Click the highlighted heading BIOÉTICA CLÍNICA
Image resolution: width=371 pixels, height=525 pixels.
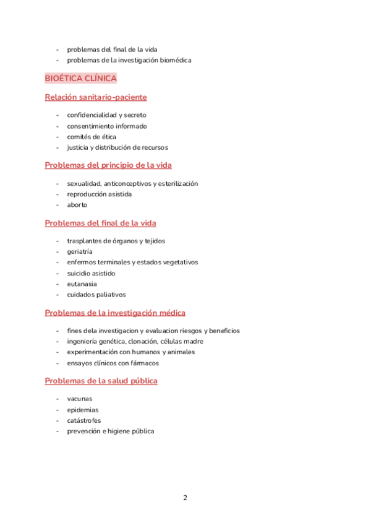81,79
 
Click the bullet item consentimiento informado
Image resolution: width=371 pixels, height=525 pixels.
107,126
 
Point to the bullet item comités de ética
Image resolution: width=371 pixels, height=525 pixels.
92,137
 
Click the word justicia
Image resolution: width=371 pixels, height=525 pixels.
79,148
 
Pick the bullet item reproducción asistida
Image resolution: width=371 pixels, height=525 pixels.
99,194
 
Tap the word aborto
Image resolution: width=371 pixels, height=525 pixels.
77,205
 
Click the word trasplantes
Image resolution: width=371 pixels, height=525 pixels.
85,241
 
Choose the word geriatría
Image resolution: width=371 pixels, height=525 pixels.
80,252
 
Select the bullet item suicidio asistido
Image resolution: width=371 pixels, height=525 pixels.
91,273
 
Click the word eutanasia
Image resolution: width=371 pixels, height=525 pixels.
82,284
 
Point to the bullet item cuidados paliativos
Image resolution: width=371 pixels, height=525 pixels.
96,295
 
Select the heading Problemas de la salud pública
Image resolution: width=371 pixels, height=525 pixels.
101,381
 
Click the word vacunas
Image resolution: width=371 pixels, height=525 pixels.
80,399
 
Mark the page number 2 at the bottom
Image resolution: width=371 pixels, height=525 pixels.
185,498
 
